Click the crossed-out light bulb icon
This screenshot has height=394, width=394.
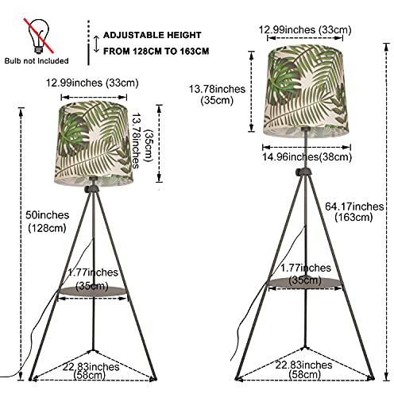[38, 36]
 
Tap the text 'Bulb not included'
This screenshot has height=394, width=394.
[37, 61]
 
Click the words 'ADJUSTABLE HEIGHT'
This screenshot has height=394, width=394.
[153, 35]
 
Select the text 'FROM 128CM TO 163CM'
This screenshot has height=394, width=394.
[156, 51]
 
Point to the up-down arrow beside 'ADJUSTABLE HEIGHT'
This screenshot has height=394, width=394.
[96, 44]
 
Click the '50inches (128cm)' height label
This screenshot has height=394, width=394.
[47, 222]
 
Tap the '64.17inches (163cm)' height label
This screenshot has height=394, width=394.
[354, 212]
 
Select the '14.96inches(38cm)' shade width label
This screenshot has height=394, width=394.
[307, 156]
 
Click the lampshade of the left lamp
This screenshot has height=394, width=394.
[94, 143]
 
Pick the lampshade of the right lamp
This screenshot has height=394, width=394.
[307, 91]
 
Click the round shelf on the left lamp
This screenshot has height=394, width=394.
[92, 291]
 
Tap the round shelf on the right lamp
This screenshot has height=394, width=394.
[305, 282]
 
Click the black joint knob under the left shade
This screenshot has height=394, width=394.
[91, 188]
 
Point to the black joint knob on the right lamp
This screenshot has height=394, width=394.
[303, 172]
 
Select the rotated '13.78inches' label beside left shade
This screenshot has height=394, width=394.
[136, 141]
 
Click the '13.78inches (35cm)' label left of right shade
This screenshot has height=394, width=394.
[217, 95]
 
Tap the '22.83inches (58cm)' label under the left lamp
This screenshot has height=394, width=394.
[91, 371]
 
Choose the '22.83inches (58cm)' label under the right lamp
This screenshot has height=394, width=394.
[303, 369]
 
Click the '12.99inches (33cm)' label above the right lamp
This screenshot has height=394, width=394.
[305, 29]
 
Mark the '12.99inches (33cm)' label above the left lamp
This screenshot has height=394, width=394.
[92, 83]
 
